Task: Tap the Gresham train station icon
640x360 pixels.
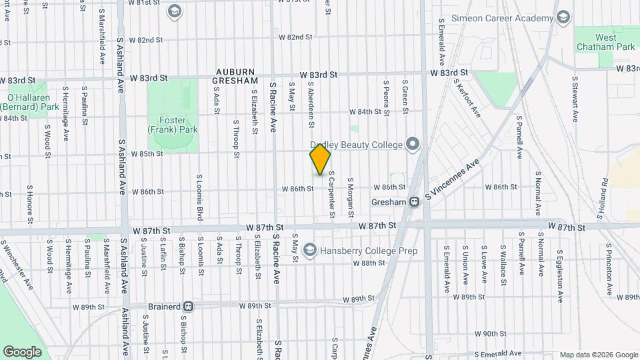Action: pyautogui.click(x=414, y=201)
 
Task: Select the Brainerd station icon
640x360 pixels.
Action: pyautogui.click(x=189, y=307)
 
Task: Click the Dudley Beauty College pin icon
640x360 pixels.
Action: pyautogui.click(x=413, y=144)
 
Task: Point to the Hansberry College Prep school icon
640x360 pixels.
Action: pyautogui.click(x=309, y=251)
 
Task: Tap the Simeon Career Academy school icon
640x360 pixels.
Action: pyautogui.click(x=563, y=17)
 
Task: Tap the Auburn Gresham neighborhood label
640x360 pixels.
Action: pyautogui.click(x=235, y=76)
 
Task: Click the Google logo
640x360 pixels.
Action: pyautogui.click(x=22, y=351)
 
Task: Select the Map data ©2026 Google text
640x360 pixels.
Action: pyautogui.click(x=598, y=355)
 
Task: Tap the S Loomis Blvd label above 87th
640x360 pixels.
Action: pyautogui.click(x=199, y=197)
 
